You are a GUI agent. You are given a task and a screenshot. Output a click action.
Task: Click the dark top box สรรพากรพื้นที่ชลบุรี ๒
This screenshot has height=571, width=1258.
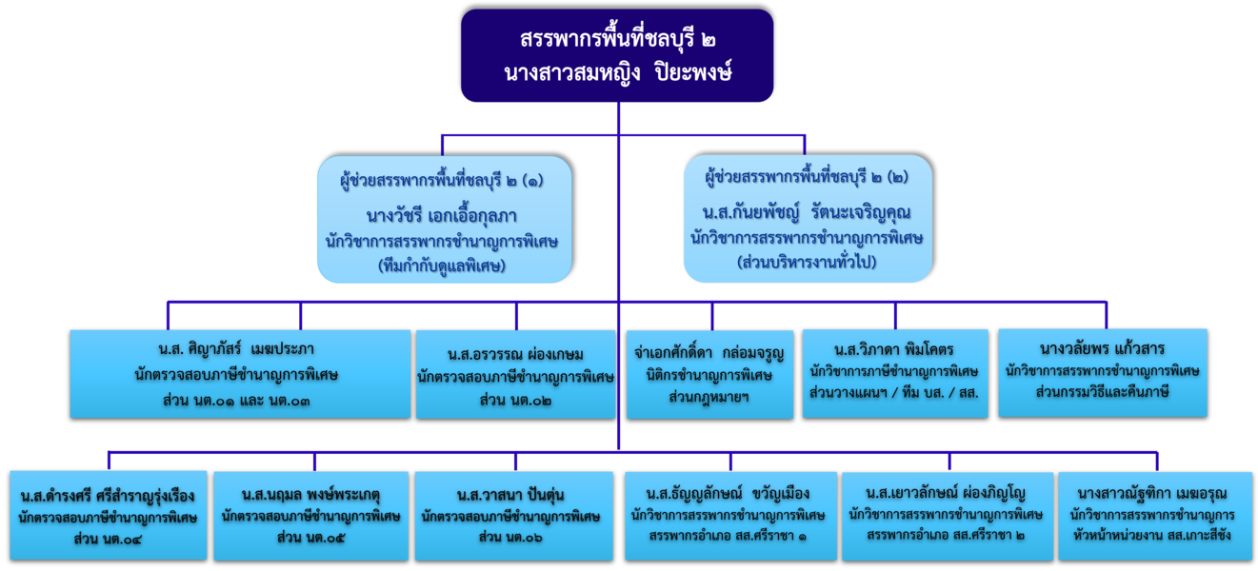click(617, 55)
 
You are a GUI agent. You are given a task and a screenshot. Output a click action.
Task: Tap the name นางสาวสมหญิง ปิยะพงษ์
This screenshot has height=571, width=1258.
click(618, 72)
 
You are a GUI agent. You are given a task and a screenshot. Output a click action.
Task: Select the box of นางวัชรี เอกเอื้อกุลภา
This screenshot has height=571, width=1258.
click(445, 219)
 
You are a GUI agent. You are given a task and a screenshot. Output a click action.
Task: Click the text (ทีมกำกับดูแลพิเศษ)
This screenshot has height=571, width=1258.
click(442, 265)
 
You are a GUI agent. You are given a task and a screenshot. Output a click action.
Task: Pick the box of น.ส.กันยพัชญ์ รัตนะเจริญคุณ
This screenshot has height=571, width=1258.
click(809, 218)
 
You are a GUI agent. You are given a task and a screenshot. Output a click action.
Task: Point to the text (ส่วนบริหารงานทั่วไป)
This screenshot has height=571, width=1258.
click(807, 262)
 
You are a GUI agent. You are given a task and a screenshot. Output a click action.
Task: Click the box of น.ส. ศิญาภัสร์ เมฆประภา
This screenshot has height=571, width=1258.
click(240, 374)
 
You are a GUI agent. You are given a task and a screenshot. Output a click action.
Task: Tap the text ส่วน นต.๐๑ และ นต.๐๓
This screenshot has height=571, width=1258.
click(236, 401)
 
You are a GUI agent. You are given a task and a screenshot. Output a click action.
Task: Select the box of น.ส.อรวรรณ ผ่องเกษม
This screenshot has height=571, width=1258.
click(515, 374)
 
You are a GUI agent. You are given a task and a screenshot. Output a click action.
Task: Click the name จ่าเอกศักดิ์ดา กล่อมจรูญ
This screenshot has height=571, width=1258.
click(709, 353)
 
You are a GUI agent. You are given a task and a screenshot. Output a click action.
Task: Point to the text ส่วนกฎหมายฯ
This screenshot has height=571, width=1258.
click(709, 397)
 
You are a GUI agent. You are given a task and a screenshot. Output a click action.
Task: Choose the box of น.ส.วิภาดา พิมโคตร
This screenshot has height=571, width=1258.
click(895, 373)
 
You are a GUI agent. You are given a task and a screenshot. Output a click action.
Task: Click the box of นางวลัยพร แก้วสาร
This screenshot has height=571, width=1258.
click(1103, 373)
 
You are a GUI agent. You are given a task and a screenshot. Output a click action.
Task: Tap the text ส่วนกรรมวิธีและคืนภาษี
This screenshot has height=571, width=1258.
click(1103, 391)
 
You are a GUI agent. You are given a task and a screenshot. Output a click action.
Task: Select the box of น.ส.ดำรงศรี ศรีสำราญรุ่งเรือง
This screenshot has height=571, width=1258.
click(109, 516)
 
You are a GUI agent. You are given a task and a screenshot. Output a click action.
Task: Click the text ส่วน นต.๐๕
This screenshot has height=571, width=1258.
click(310, 538)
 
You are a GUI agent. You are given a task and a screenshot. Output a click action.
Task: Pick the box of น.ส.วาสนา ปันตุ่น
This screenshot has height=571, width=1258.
click(514, 516)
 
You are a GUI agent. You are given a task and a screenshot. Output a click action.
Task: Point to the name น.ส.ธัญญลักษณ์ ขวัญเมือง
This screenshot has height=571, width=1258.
click(728, 494)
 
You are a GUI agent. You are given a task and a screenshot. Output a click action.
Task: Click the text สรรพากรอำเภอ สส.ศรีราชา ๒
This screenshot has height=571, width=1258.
click(946, 535)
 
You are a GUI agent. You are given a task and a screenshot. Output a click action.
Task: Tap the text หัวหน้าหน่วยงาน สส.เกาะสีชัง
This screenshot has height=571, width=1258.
click(1152, 534)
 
